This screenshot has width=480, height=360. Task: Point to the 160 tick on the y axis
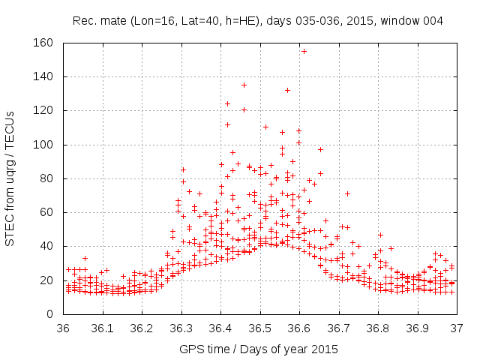click(44, 43)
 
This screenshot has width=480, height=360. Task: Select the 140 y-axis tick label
click(44, 76)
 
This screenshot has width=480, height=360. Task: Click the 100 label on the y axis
click(44, 144)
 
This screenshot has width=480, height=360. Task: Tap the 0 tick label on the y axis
click(50, 313)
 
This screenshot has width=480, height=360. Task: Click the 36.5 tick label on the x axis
click(260, 328)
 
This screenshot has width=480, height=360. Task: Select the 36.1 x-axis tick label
click(103, 328)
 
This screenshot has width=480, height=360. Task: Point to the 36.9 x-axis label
click(418, 328)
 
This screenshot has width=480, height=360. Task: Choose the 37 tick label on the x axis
click(457, 328)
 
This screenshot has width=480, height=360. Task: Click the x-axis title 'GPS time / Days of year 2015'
click(259, 349)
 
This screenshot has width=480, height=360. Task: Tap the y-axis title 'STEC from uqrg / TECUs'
click(10, 178)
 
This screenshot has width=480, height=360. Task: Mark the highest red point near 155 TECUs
click(304, 51)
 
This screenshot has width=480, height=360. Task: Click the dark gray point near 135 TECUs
click(244, 85)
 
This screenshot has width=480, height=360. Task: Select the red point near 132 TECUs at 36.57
click(287, 90)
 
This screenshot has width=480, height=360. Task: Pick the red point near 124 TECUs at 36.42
click(227, 103)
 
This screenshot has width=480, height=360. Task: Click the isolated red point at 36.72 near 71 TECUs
click(347, 193)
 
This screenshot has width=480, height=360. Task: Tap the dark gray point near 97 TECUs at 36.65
click(320, 149)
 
